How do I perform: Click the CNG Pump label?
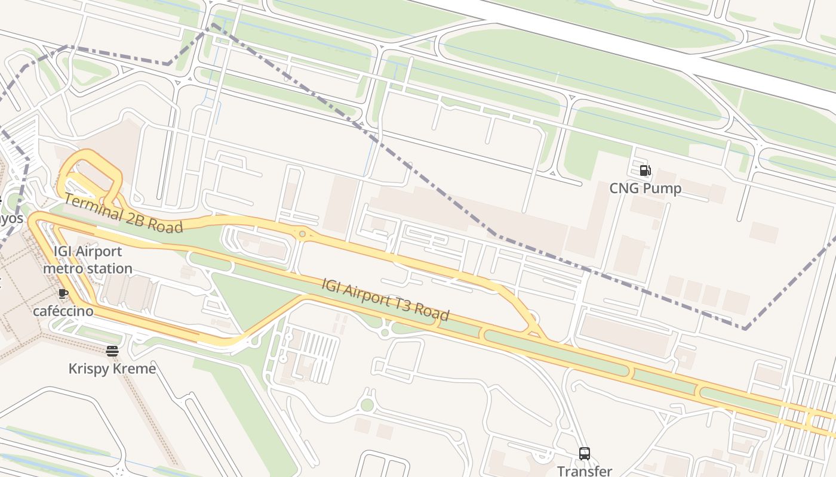645,188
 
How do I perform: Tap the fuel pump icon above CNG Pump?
645,171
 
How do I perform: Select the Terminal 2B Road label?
123,213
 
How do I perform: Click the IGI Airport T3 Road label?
385,299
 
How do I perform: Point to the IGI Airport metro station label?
87,260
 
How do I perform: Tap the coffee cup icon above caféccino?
63,293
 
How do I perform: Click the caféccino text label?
63,311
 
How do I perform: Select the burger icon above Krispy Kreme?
112,351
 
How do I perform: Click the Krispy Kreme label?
112,368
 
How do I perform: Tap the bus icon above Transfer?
585,454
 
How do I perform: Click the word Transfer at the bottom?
585,470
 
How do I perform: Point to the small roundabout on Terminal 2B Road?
303,234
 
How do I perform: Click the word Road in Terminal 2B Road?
166,225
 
